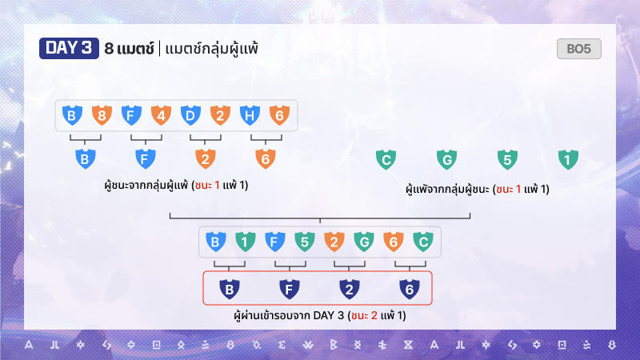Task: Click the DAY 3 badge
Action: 69,48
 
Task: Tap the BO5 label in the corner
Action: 578,49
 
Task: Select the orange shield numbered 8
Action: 102,115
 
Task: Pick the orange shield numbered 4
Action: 162,115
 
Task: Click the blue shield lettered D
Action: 190,115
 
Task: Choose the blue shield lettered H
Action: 250,115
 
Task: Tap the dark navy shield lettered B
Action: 230,289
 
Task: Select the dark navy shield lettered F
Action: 290,289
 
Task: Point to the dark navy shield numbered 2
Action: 350,289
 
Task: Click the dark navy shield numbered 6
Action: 410,289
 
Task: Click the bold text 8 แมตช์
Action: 129,49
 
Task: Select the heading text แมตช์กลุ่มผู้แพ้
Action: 212,50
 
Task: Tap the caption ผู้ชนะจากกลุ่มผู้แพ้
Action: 147,185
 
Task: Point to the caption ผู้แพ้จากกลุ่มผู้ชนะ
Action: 448,189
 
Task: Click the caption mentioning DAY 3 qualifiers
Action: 320,315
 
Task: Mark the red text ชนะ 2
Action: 364,315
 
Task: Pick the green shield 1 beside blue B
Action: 246,242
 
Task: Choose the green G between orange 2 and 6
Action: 364,242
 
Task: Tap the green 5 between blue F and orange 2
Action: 305,242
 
